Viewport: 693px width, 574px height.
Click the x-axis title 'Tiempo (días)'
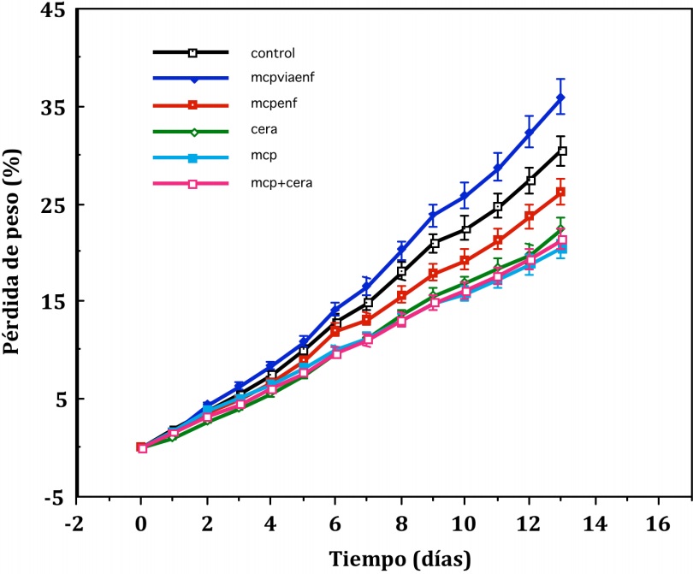coord(400,559)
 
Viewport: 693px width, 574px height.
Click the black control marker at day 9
coord(435,244)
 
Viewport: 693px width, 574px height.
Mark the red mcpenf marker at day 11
coord(497,241)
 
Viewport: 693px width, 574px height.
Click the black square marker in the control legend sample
coord(192,53)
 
